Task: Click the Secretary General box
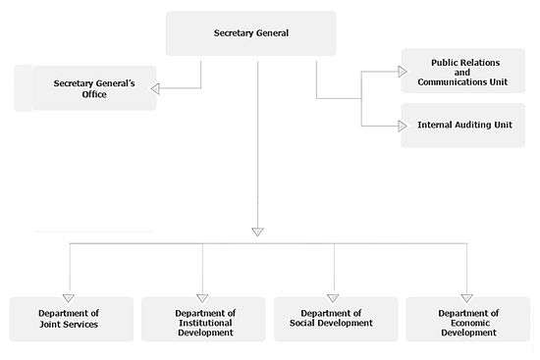point(251,33)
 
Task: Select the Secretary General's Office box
point(85,88)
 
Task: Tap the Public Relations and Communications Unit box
point(462,71)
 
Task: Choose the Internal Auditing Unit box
point(462,126)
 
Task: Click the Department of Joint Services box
point(72,319)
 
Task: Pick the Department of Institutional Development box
point(203,319)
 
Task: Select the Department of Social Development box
point(336,319)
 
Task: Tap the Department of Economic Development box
point(468,319)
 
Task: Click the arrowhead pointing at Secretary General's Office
point(155,89)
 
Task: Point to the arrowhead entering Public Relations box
point(403,72)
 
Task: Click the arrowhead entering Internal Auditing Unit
point(403,126)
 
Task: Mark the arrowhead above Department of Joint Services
point(69,298)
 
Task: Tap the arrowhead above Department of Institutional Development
point(202,298)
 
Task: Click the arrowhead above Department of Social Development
point(333,298)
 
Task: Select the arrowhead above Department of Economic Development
point(466,298)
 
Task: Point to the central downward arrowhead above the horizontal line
point(257,231)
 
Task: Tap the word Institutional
point(205,323)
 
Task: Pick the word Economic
point(470,323)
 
